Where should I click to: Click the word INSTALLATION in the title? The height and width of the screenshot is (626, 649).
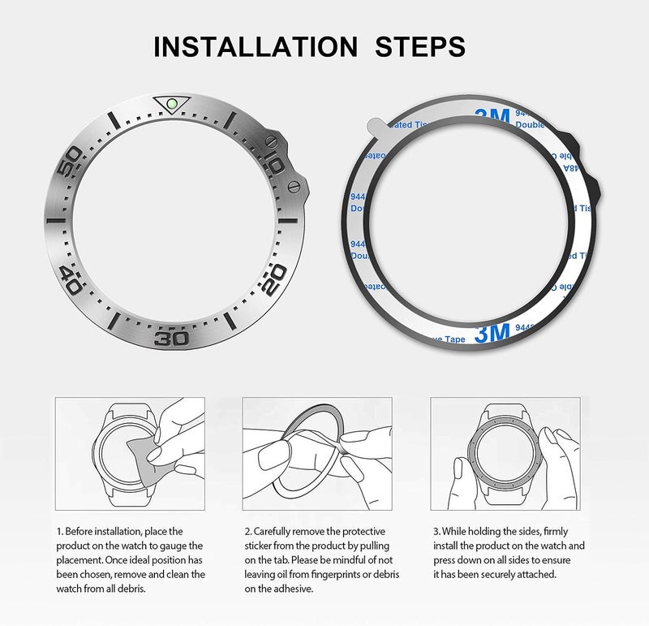[x=255, y=46]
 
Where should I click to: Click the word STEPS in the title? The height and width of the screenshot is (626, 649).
[x=420, y=46]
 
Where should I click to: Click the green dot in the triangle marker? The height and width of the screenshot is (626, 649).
[x=171, y=104]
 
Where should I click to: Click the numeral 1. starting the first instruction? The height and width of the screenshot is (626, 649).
[x=59, y=531]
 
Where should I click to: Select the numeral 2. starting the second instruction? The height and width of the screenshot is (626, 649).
[x=247, y=531]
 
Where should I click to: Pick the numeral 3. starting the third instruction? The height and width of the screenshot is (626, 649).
[x=435, y=531]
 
